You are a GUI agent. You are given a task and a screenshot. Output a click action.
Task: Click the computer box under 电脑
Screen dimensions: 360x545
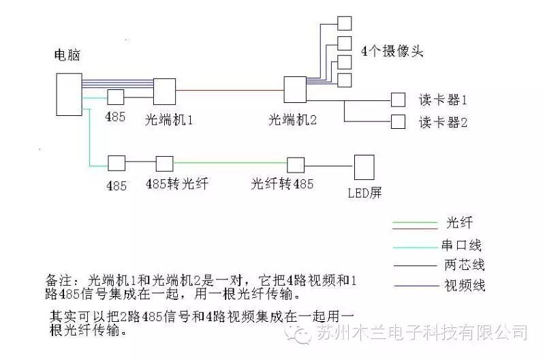pos(68,95)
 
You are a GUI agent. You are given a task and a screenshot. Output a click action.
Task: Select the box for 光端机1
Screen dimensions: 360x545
pos(165,90)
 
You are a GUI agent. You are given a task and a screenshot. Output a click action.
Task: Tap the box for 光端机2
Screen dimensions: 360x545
pos(296,89)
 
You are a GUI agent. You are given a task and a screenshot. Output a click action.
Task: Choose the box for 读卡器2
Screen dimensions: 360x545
pos(397,122)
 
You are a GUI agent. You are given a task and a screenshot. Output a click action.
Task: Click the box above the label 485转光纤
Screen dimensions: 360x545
pos(165,164)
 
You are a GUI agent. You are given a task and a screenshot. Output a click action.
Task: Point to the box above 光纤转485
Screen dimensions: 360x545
pos(295,164)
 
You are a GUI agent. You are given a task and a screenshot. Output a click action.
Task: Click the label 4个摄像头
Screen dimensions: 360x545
pos(391,51)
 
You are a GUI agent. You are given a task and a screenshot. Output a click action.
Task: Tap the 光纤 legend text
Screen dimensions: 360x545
pos(458,223)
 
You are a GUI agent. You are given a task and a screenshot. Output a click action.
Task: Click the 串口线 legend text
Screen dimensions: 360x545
pos(461,245)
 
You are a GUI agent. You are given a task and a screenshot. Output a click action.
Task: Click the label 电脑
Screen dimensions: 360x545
pos(67,56)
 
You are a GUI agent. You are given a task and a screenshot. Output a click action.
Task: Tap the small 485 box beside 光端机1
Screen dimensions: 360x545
pos(114,97)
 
